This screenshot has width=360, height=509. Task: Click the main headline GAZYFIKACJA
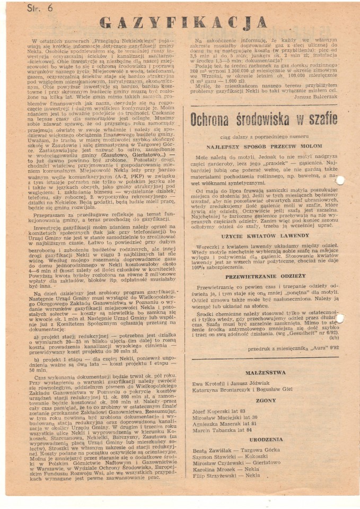tap(183, 22)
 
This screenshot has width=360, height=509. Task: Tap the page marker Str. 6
tap(41, 8)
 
